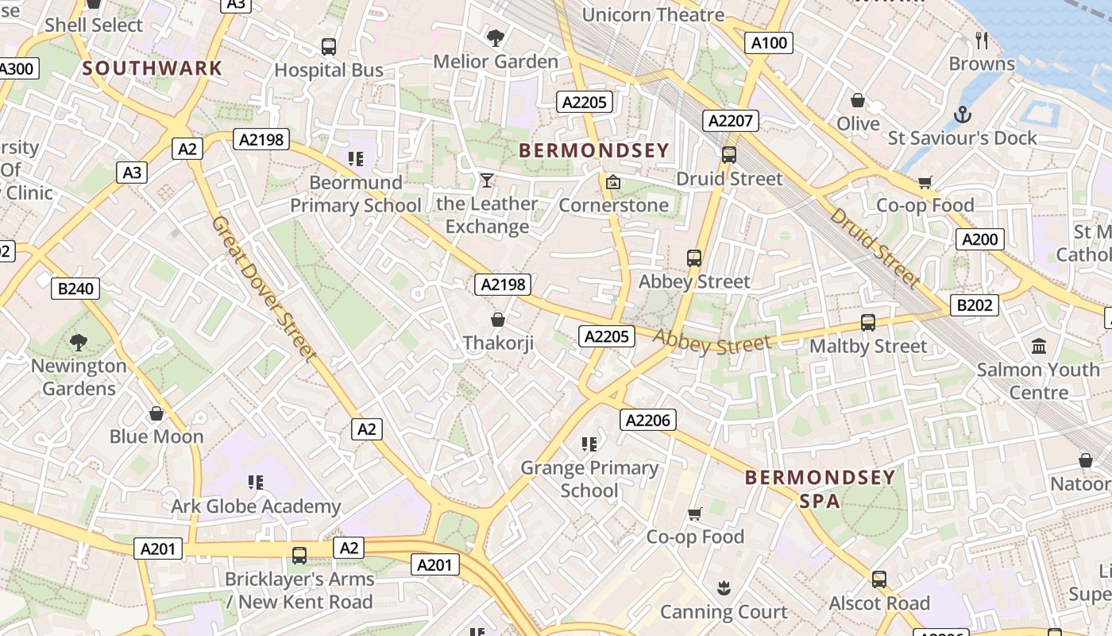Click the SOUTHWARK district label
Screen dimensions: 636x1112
[x=153, y=68]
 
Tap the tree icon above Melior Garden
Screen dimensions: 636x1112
[x=496, y=37]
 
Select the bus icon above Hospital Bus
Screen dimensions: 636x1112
[x=329, y=47]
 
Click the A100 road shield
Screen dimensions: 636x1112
[x=769, y=43]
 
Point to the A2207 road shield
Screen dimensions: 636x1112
[x=731, y=121]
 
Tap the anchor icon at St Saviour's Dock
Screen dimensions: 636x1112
[x=963, y=114]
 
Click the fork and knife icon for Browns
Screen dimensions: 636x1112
[x=982, y=40]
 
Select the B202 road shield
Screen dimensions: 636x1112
[x=975, y=305]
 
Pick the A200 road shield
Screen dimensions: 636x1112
[x=979, y=239]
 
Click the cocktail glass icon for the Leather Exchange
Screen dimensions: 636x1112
[x=487, y=180]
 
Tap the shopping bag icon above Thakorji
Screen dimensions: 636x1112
[x=498, y=320]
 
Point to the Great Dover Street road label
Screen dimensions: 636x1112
[x=265, y=289]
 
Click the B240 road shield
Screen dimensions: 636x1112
[x=76, y=289]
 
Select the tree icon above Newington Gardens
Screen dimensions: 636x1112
[x=79, y=343]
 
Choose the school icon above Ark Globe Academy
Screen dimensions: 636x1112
[x=256, y=483]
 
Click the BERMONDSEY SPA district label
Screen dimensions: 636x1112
[x=820, y=489]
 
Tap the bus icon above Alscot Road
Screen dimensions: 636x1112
[x=879, y=580]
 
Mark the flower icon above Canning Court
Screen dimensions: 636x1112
[x=724, y=588]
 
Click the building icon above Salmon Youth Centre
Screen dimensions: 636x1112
[x=1039, y=346]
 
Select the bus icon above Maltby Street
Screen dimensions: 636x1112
[x=868, y=323]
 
